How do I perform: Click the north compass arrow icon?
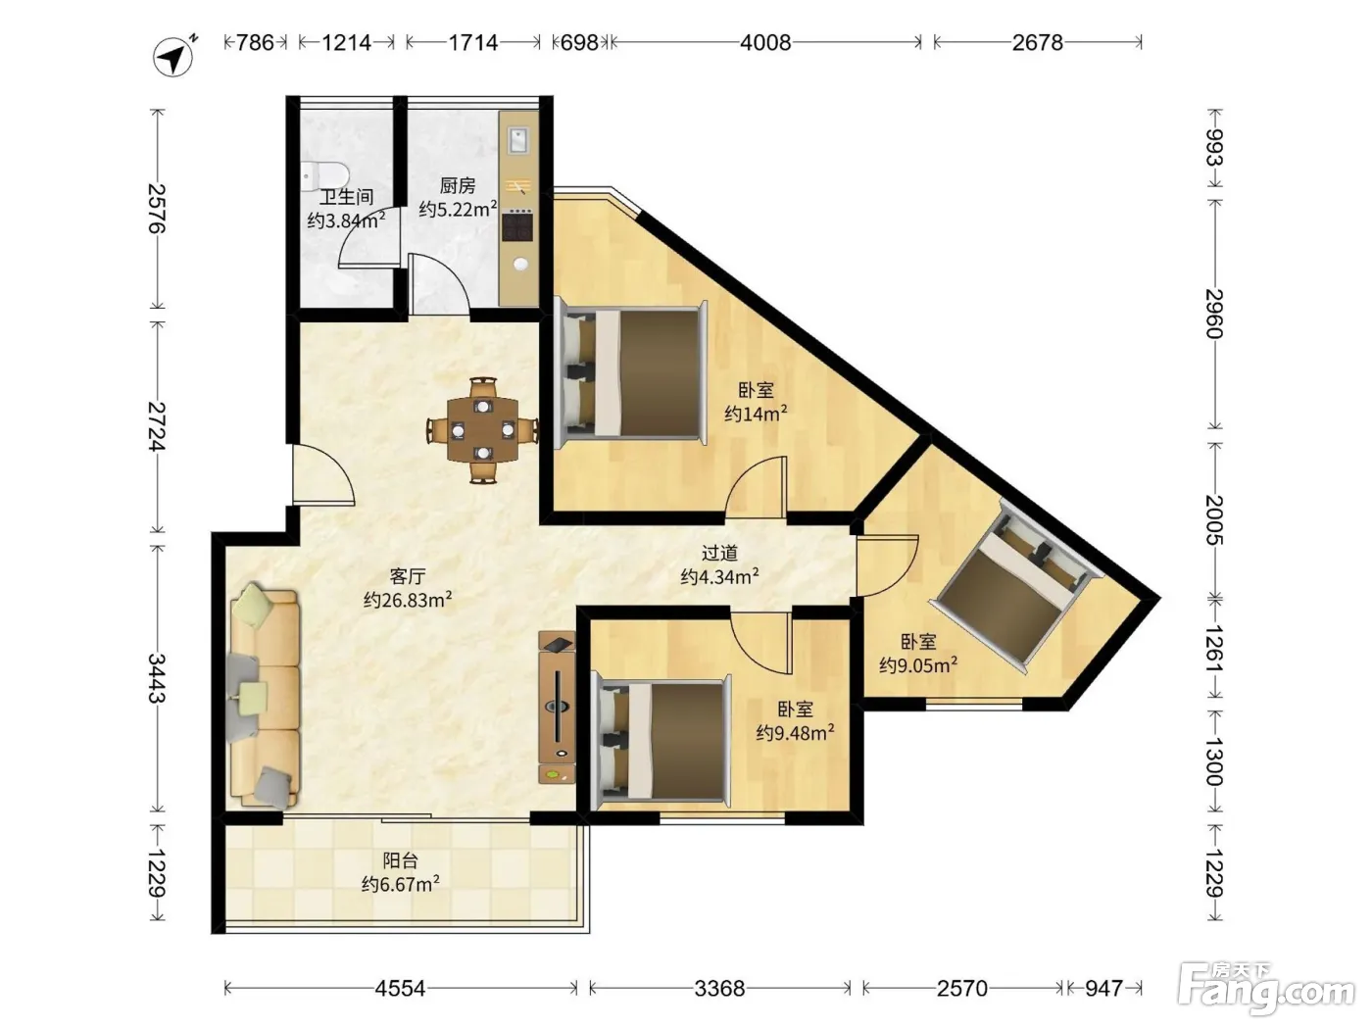coord(173,57)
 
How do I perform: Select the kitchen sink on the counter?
coord(518,140)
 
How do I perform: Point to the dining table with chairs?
coord(482,430)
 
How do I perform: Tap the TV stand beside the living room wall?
coord(557,708)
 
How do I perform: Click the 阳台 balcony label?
coord(400,860)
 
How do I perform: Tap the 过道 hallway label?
coord(719,553)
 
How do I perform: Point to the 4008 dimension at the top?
coord(765,42)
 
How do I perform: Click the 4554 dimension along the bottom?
coord(400,988)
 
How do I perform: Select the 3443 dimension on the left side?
coord(157,678)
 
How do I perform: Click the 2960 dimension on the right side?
coord(1214,314)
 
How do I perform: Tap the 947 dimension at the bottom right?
coord(1103,988)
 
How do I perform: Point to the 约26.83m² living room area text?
coord(408,600)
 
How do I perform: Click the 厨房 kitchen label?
coord(457,185)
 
